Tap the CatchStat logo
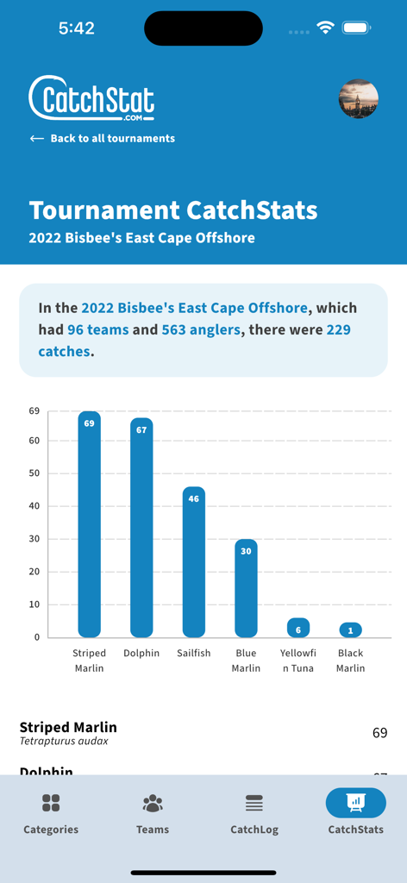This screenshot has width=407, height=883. point(91,98)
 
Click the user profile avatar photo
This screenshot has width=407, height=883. point(358,99)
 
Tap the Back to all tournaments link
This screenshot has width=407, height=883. point(102,138)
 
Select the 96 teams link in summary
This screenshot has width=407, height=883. point(97,329)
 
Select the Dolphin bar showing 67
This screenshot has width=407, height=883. point(141,528)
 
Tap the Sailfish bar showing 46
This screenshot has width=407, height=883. point(194,562)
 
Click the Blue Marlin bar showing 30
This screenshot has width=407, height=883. point(246,588)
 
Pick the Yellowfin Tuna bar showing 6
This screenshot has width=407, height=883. point(298,628)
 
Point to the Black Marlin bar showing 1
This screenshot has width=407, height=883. point(350,630)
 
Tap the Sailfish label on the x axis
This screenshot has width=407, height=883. point(193,653)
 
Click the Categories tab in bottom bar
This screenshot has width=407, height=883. point(51,815)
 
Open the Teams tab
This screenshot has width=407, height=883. point(153,815)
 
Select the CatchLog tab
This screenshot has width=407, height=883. point(254,815)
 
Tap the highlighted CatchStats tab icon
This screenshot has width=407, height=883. point(355,803)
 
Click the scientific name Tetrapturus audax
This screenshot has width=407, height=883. point(64,741)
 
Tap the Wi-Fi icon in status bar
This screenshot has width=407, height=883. point(325,28)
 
